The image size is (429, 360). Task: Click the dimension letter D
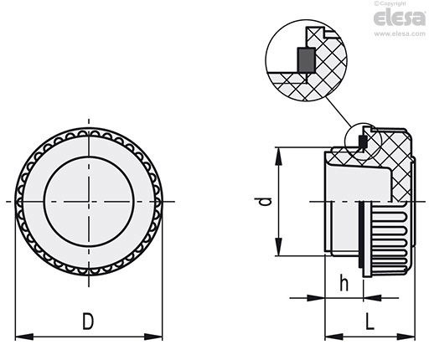tap(88, 321)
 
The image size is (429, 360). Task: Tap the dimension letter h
tap(344, 283)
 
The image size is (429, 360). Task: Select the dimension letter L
tap(370, 321)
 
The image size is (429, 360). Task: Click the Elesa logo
tap(400, 18)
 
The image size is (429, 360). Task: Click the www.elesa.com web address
tap(400, 33)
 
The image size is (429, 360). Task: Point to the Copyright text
tap(390, 3)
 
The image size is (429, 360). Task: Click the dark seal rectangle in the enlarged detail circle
tap(306, 59)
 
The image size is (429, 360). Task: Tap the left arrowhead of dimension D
tap(24, 337)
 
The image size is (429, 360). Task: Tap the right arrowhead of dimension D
tap(153, 337)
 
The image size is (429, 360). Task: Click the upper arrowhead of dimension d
tap(279, 157)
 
